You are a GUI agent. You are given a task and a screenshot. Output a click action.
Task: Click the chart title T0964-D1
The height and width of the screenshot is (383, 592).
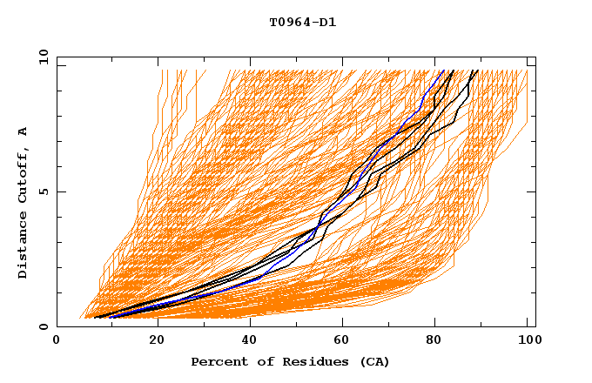[302, 23]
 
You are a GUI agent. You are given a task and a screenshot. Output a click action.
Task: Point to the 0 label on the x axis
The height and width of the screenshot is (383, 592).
[57, 341]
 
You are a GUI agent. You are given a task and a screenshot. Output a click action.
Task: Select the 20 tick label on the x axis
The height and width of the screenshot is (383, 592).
[151, 341]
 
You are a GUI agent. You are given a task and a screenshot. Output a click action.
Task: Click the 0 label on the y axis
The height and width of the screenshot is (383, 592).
[43, 327]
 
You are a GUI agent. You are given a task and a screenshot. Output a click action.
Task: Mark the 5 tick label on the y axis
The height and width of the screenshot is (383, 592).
[43, 191]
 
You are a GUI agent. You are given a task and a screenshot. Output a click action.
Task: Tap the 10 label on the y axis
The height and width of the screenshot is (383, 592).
[40, 57]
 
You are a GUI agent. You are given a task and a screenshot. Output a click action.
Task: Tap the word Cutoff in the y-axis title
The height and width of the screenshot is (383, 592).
[23, 174]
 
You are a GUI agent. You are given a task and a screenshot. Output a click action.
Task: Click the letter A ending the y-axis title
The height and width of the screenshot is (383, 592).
[23, 131]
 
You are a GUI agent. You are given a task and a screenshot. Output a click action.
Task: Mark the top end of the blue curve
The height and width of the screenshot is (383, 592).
[442, 71]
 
